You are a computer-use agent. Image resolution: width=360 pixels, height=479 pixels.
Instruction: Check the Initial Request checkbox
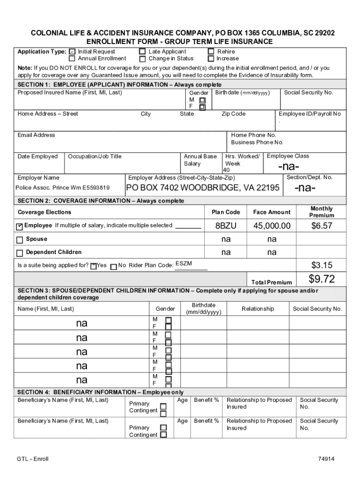click(x=72, y=51)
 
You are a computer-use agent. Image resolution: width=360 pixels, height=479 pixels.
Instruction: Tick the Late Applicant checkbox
click(x=143, y=51)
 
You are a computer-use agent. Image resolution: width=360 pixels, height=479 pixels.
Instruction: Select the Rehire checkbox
click(x=211, y=51)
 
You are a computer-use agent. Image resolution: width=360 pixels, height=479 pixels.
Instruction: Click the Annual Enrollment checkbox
click(x=72, y=59)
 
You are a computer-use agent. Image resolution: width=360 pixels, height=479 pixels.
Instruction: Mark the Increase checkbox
click(x=211, y=59)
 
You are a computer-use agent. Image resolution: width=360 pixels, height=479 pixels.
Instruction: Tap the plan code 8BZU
click(x=226, y=226)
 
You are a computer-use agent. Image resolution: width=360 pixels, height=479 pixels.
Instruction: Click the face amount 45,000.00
click(x=272, y=226)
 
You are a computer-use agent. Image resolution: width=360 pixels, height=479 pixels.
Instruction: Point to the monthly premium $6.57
click(x=322, y=226)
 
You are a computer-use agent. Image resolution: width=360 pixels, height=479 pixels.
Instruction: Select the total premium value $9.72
click(x=322, y=279)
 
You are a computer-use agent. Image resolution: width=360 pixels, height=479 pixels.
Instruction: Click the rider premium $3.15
click(x=322, y=266)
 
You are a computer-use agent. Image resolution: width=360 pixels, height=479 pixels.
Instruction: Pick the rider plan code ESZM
click(x=183, y=264)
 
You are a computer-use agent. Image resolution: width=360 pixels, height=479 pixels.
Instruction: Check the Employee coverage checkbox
click(x=20, y=226)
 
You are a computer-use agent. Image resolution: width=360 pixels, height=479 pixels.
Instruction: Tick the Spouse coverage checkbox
click(x=20, y=240)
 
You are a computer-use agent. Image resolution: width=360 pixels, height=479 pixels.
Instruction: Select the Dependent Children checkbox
click(x=20, y=253)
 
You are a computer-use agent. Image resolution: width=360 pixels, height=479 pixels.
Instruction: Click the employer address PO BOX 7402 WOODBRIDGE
click(x=203, y=188)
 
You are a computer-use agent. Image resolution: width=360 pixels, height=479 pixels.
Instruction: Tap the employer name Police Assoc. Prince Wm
click(x=63, y=188)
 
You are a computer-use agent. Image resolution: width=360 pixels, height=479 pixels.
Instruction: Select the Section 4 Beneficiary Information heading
click(x=100, y=392)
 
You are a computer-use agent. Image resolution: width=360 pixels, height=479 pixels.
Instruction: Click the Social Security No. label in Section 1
click(x=309, y=93)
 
